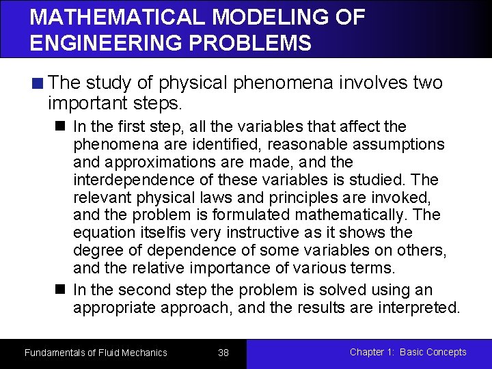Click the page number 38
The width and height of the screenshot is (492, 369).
click(x=223, y=353)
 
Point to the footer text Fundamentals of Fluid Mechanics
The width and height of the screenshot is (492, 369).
click(x=96, y=353)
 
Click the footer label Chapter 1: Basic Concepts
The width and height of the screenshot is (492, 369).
click(x=408, y=352)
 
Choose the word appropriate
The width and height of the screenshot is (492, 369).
click(x=113, y=308)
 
